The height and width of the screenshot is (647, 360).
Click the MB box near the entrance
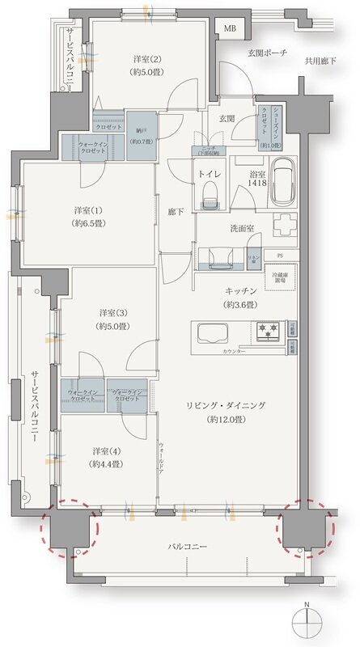pos(230,29)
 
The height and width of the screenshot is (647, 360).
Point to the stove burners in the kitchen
pos(268,331)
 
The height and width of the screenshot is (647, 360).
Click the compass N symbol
pos(306,623)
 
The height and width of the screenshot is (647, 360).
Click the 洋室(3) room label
pos(112,312)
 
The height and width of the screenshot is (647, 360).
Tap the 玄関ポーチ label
pos(266,53)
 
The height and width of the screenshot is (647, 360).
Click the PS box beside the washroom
pos(280,256)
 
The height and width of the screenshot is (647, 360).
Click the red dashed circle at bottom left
pos(71,526)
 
